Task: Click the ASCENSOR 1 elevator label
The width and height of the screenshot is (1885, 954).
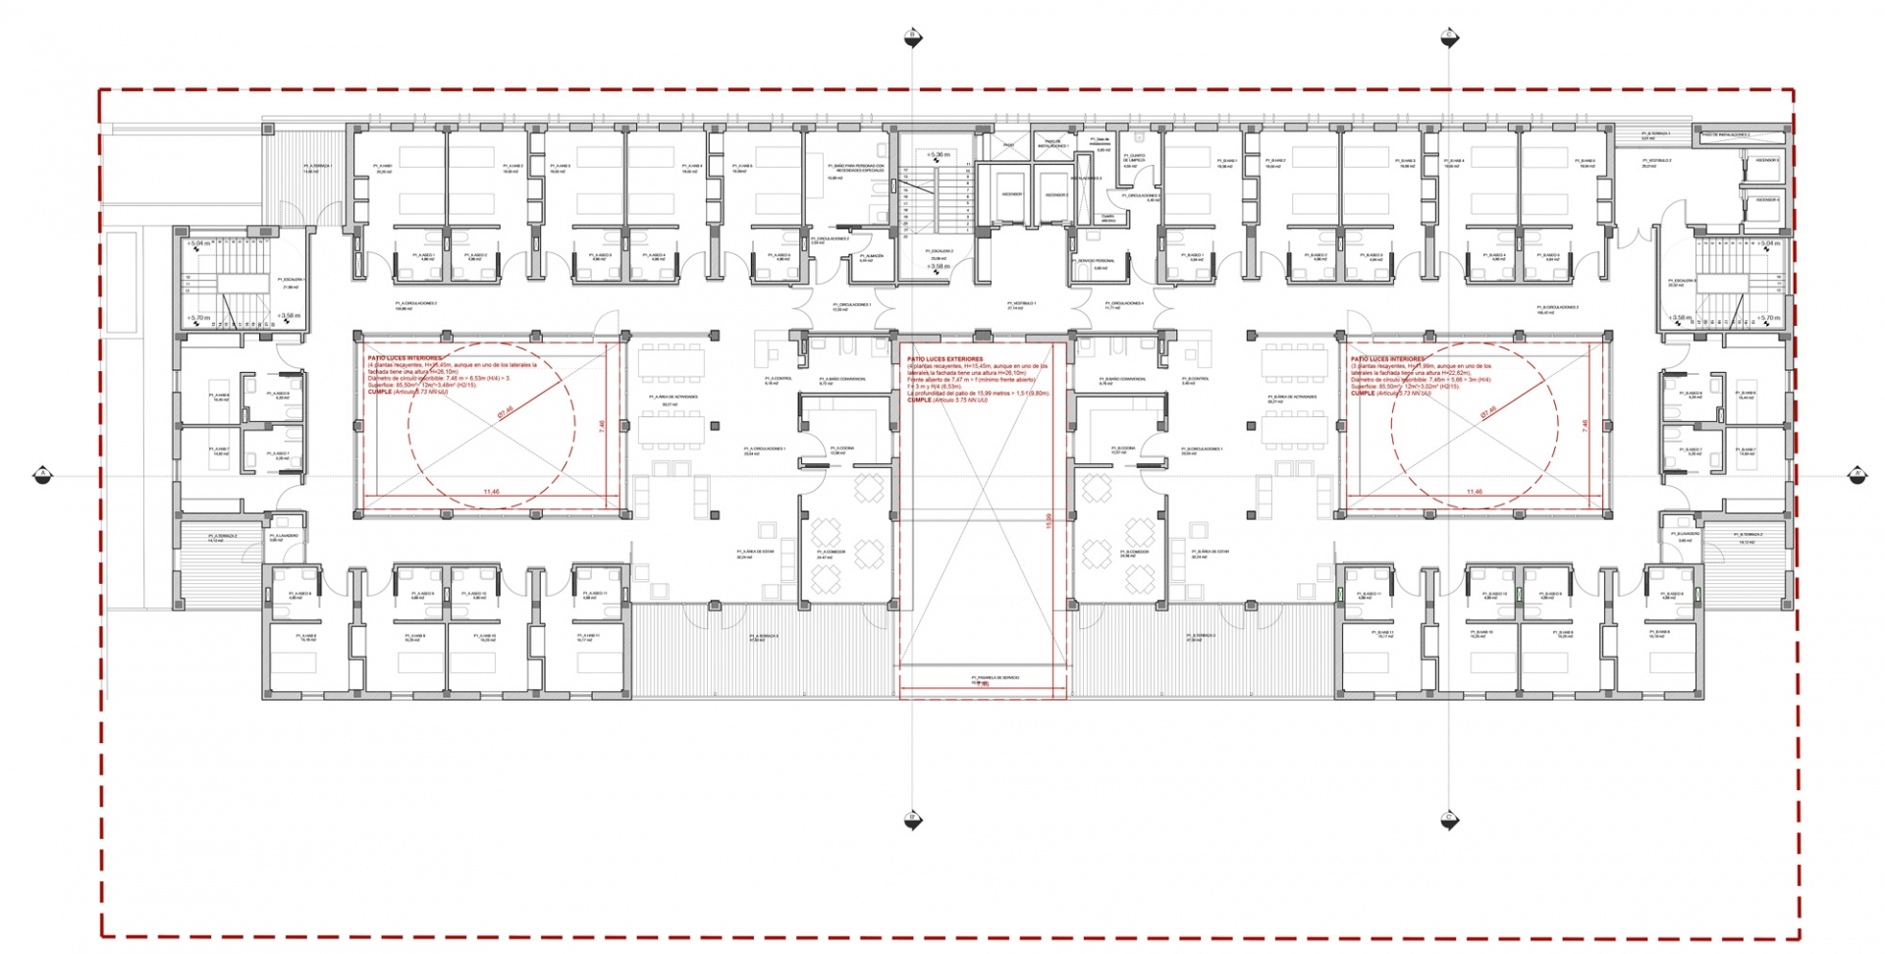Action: tap(1011, 194)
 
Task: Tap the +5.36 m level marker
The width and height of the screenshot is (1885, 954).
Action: tap(938, 155)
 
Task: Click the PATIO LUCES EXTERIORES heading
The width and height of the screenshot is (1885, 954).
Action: tap(944, 359)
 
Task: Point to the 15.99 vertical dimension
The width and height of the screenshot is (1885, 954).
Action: tap(1049, 521)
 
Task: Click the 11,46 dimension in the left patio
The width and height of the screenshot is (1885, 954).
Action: tap(491, 492)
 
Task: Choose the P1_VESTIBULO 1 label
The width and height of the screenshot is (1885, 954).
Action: tap(1014, 305)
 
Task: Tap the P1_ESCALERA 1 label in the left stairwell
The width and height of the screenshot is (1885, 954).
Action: tap(292, 281)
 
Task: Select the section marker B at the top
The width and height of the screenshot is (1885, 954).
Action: tap(912, 37)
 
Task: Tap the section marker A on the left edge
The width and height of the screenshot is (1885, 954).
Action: tap(42, 475)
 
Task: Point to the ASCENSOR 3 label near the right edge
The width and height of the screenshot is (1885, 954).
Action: tap(1766, 160)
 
